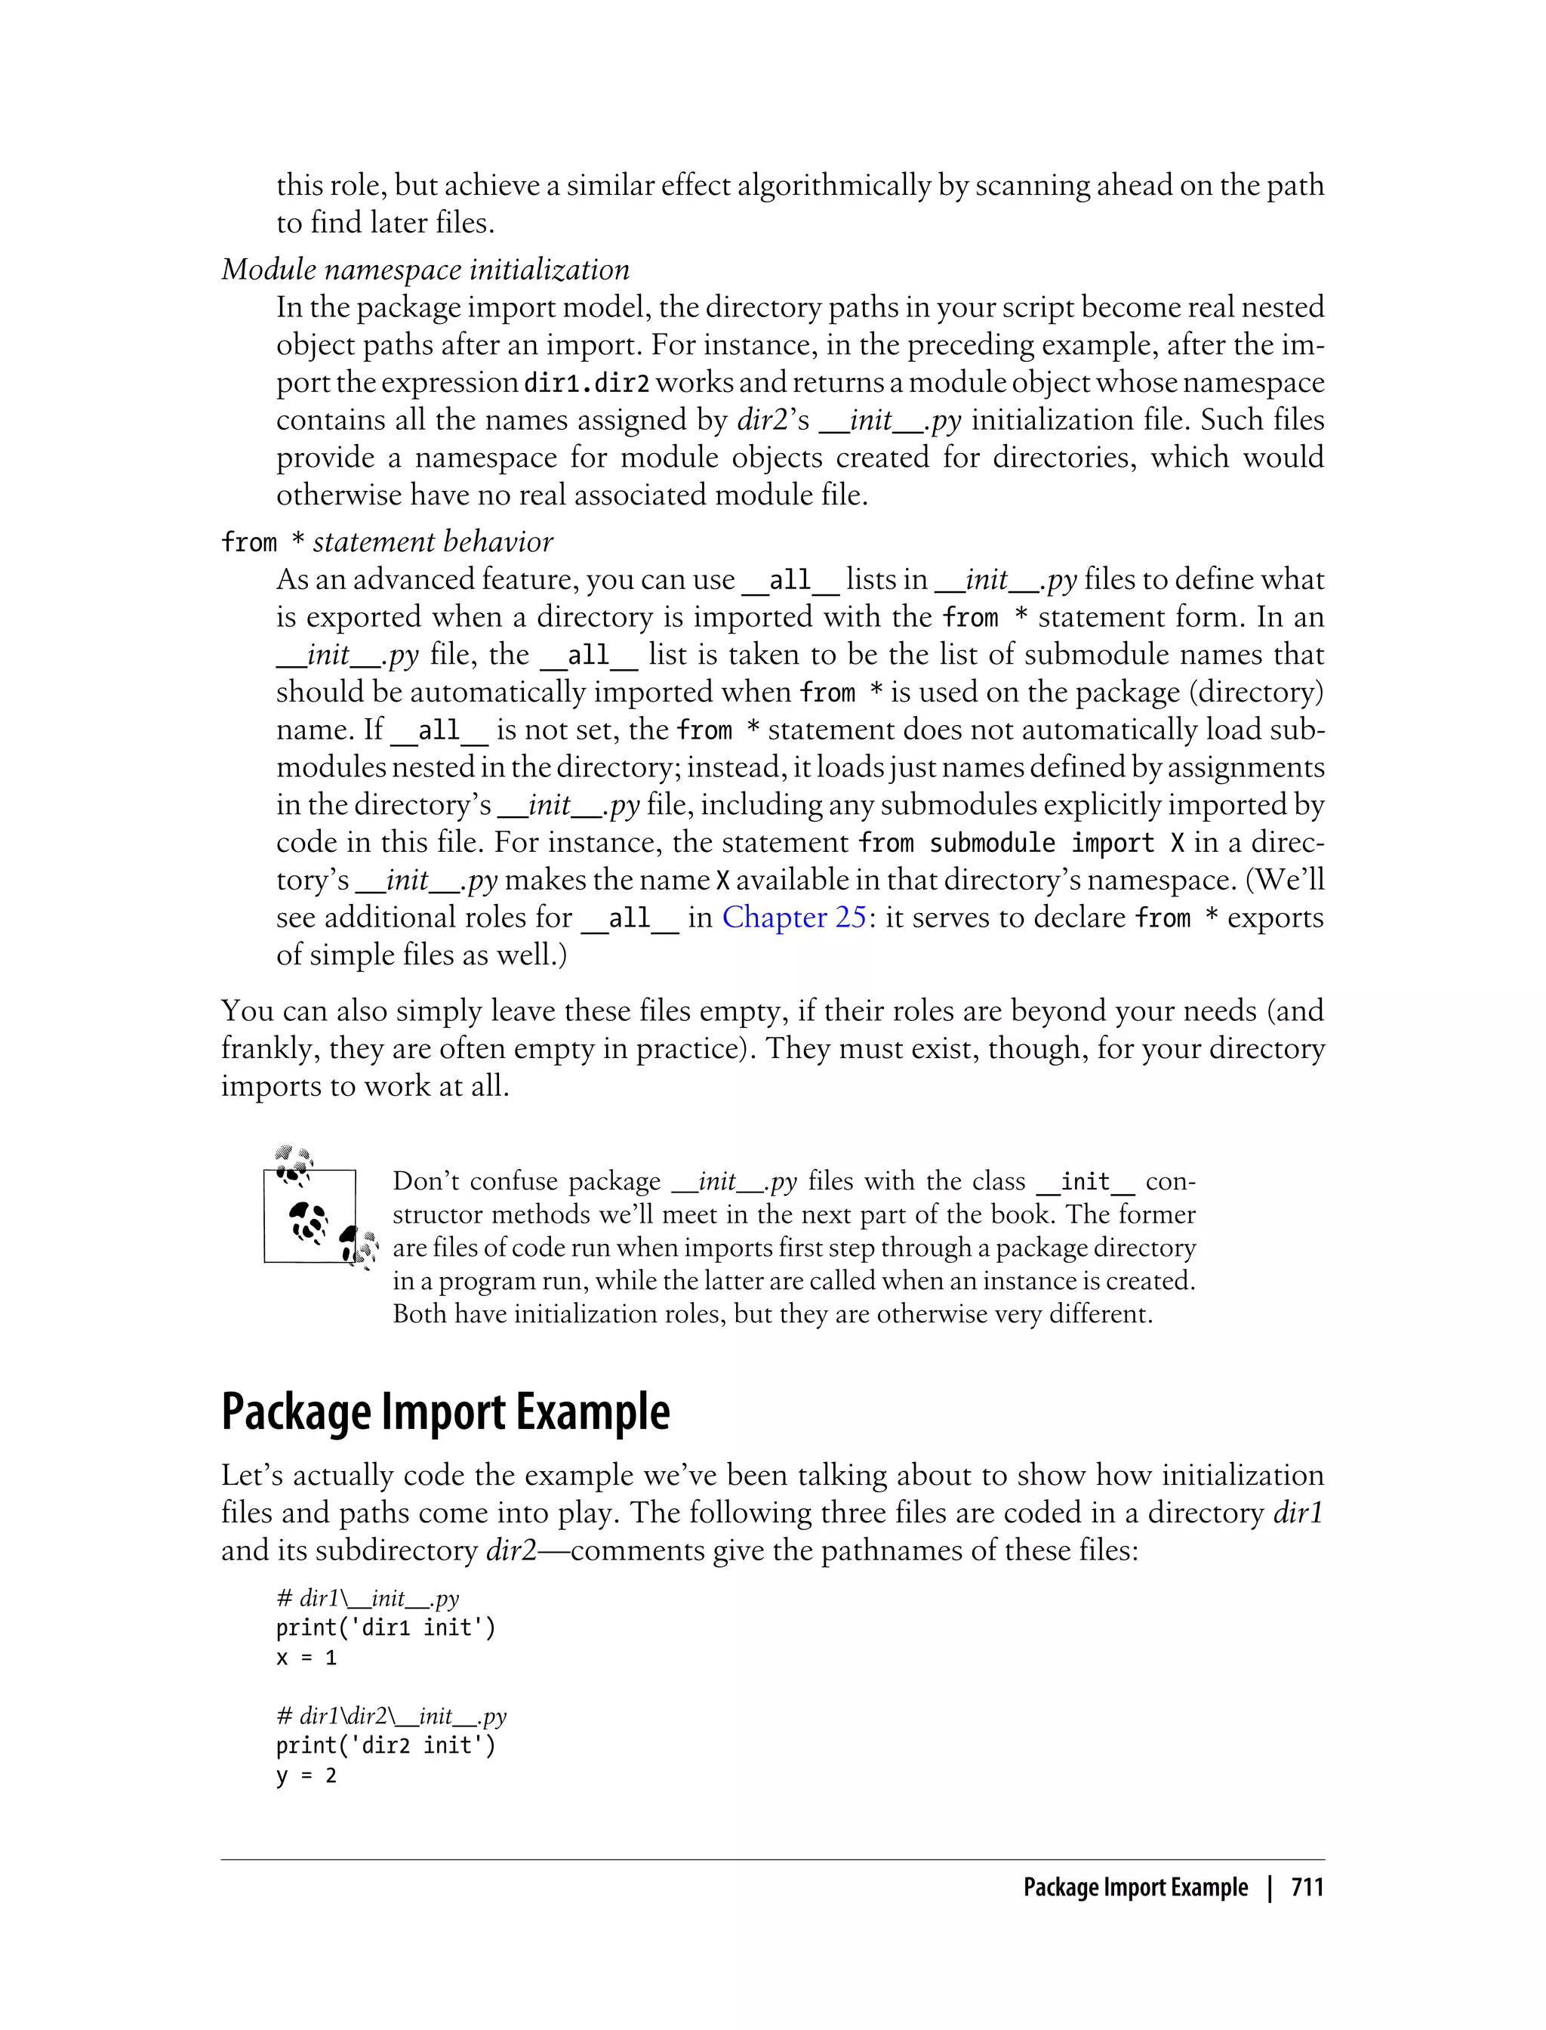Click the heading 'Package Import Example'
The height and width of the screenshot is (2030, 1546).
(445, 1412)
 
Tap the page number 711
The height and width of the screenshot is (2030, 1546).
(1307, 1887)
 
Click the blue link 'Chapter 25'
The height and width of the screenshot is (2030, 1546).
(793, 918)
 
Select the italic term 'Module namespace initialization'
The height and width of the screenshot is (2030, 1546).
(425, 270)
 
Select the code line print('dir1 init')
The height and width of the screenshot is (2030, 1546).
(386, 1627)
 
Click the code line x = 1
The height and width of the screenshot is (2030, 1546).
(306, 1658)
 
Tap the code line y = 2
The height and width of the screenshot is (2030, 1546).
(306, 1776)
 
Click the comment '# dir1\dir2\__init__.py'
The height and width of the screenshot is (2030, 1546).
(391, 1716)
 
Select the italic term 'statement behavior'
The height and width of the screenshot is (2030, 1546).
(433, 542)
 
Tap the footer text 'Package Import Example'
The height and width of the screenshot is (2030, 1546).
(1135, 1887)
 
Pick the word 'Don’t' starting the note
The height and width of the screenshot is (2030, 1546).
(428, 1181)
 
